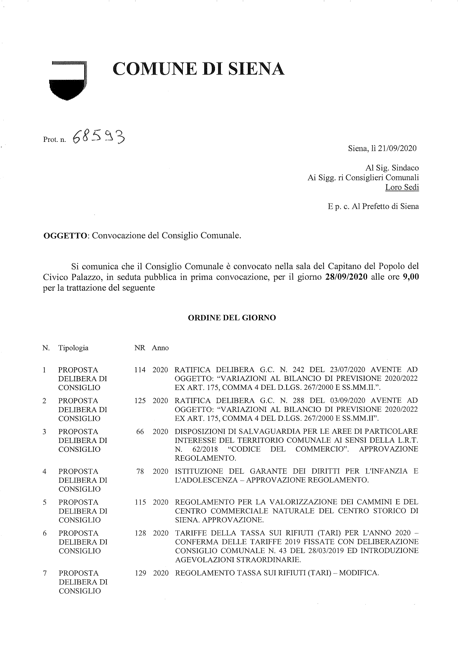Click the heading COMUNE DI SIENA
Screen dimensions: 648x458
(199, 69)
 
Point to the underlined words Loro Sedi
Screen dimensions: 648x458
(402, 187)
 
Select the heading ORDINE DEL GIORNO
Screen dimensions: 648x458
(232, 318)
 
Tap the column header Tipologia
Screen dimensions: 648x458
(73, 348)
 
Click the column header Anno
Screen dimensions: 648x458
(160, 348)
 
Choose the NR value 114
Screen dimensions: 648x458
(140, 370)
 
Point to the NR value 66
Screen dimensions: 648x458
(140, 432)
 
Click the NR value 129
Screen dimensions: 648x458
(140, 573)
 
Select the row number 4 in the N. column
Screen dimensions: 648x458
(44, 471)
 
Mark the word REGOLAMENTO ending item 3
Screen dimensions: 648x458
(205, 458)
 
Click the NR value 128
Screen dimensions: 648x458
(140, 533)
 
